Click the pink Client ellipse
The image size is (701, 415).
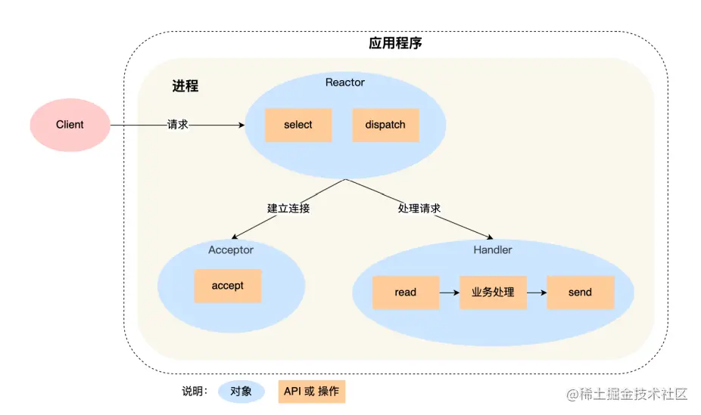pyautogui.click(x=70, y=125)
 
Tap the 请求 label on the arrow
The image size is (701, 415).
pyautogui.click(x=178, y=125)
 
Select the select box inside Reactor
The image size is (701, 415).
pyautogui.click(x=298, y=125)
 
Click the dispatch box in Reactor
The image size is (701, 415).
pyautogui.click(x=385, y=125)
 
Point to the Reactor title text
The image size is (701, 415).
pyautogui.click(x=345, y=82)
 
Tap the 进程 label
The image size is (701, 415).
pyautogui.click(x=185, y=86)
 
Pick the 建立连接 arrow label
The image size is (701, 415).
pyautogui.click(x=288, y=208)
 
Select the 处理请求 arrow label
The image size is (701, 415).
pyautogui.click(x=419, y=208)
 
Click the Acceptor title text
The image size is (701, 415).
pyautogui.click(x=231, y=249)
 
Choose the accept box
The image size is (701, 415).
pyautogui.click(x=228, y=286)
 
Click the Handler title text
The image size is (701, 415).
pyautogui.click(x=492, y=249)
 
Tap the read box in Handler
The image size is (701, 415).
pyautogui.click(x=406, y=293)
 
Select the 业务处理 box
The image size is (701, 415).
pyautogui.click(x=493, y=293)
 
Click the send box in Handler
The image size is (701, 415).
pyautogui.click(x=580, y=293)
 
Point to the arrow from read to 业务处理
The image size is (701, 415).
pyautogui.click(x=449, y=293)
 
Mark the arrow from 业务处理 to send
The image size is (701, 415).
pyautogui.click(x=537, y=293)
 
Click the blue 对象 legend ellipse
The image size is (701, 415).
pyautogui.click(x=241, y=392)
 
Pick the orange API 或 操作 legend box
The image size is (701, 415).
pyautogui.click(x=311, y=392)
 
